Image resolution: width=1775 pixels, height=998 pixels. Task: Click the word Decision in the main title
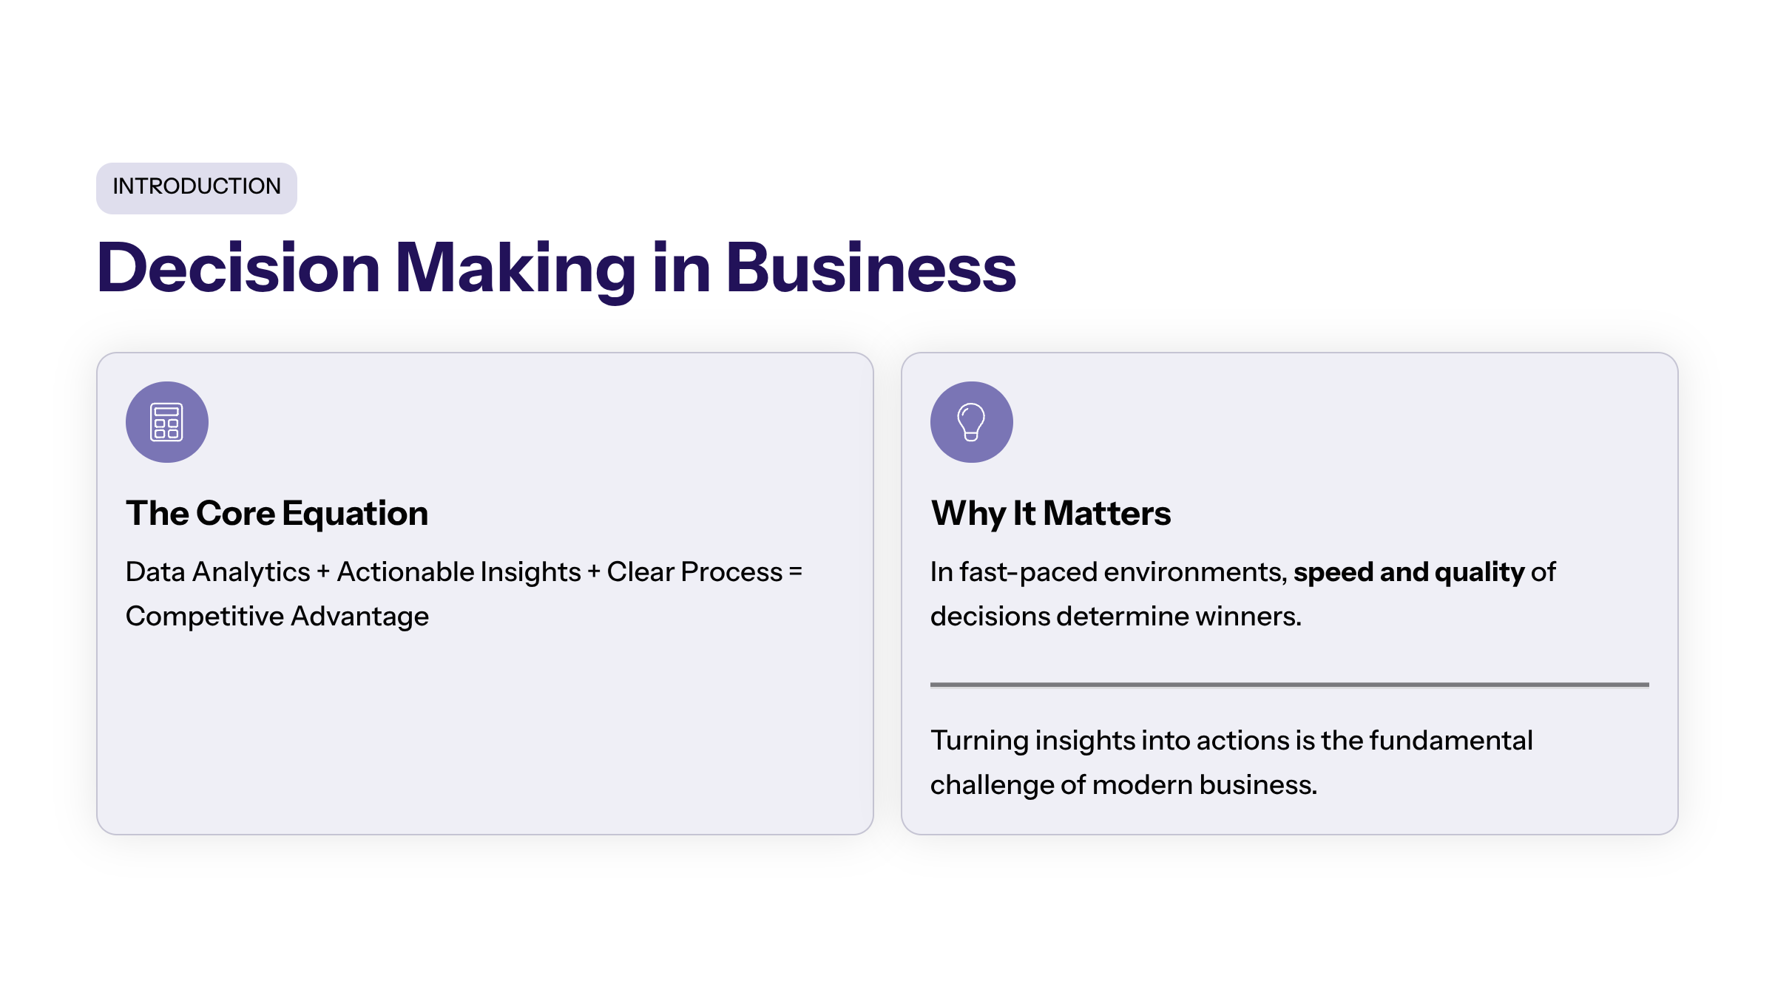238,268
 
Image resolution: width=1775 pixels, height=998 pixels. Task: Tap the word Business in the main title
871,268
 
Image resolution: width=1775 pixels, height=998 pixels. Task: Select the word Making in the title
515,271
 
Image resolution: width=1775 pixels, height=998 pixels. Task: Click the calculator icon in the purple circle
166,422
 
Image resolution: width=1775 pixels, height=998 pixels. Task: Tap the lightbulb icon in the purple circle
971,422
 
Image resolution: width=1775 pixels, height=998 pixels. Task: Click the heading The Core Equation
277,514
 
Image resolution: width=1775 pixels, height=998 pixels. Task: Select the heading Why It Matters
1051,514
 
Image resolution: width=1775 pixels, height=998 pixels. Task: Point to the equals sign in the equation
796,572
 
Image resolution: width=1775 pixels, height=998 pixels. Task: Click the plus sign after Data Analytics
323,572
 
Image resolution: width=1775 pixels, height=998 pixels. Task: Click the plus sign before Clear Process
594,572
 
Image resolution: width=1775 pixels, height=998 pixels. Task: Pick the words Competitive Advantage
277,617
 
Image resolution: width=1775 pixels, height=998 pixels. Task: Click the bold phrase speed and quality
1409,573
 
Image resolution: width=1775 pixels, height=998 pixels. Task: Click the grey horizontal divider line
1290,685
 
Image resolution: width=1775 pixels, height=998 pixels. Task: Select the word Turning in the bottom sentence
979,741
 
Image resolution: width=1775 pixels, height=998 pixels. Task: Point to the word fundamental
1451,741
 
